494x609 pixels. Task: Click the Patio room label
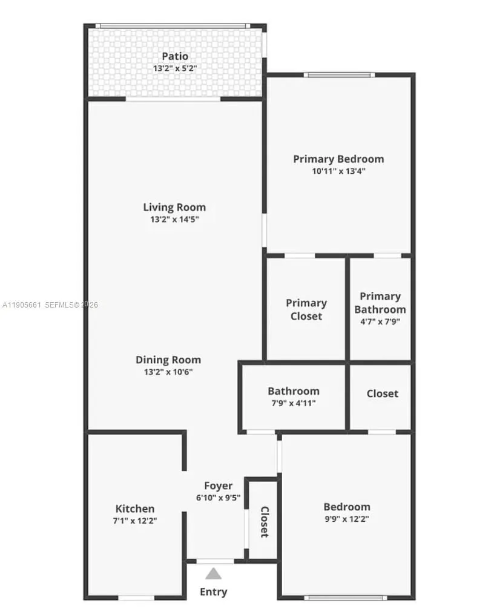coord(174,56)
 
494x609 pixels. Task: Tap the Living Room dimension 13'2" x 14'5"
coord(174,220)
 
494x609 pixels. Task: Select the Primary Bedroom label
coord(338,159)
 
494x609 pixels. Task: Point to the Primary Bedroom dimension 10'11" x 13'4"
coord(338,171)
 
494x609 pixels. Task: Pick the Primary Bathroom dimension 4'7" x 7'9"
coord(380,322)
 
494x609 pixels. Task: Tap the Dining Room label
coord(168,360)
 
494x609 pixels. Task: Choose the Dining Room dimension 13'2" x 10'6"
coord(168,372)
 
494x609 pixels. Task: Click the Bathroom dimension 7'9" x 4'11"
coord(294,403)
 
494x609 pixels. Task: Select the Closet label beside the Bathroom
coord(382,393)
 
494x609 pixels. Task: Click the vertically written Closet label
coord(265,522)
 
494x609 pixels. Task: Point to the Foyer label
coord(218,486)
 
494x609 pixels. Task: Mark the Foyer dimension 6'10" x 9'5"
coord(218,498)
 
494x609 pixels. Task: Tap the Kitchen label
coord(135,509)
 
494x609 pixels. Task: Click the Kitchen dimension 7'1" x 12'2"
coord(135,521)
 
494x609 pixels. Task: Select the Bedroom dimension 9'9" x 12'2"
coord(346,519)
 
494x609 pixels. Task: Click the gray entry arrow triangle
coord(213,573)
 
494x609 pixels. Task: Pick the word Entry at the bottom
coord(213,591)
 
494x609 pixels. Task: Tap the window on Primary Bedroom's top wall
coord(339,75)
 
